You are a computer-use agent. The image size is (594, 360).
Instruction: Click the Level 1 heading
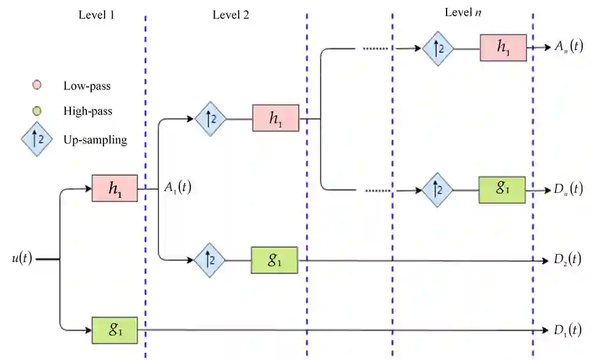(x=97, y=15)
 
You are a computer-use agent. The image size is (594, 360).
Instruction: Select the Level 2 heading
(x=231, y=15)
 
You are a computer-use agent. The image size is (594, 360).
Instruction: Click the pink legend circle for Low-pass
(x=37, y=85)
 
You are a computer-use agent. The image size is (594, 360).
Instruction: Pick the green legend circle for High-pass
(x=37, y=111)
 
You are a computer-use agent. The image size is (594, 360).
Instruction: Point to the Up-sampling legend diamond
(x=37, y=140)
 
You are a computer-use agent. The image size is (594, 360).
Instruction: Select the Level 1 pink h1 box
(x=114, y=189)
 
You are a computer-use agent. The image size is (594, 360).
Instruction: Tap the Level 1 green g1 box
(x=114, y=330)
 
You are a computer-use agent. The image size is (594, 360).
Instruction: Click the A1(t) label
(x=177, y=188)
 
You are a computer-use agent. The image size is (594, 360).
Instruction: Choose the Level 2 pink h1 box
(x=275, y=118)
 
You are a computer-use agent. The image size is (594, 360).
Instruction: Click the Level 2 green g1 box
(x=275, y=260)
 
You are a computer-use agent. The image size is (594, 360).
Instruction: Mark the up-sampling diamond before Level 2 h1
(x=210, y=118)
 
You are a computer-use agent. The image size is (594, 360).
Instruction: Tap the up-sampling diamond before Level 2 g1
(x=210, y=260)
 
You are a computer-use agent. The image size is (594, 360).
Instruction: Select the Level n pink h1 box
(x=503, y=48)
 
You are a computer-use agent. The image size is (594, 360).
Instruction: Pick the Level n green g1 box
(x=502, y=190)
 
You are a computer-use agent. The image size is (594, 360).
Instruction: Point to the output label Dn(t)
(x=567, y=190)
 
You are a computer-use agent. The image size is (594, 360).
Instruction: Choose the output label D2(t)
(x=567, y=260)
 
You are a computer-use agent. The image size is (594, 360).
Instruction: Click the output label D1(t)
(x=567, y=331)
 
